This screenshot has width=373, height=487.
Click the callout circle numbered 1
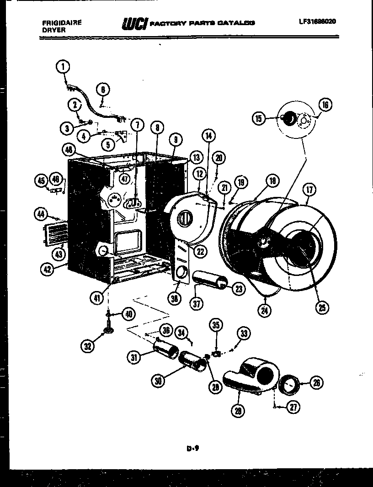[x=63, y=67]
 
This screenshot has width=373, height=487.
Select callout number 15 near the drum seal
[x=259, y=119]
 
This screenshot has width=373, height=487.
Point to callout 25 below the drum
[x=322, y=308]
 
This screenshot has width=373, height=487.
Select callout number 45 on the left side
[x=41, y=181]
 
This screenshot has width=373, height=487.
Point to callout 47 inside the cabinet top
[x=124, y=179]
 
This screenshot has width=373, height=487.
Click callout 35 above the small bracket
[x=216, y=325]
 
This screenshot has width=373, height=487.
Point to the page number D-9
[x=192, y=448]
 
